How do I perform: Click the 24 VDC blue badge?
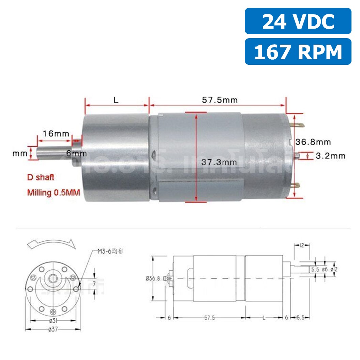(x=298, y=21)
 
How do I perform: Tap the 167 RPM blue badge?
(x=298, y=52)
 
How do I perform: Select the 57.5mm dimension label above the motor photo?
(x=220, y=100)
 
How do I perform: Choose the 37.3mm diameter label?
(x=219, y=162)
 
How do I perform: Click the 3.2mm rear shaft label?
(x=330, y=156)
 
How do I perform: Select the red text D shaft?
(x=41, y=178)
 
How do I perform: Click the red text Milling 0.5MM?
(x=54, y=193)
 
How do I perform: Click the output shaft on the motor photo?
(x=55, y=154)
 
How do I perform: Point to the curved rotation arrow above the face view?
(x=51, y=244)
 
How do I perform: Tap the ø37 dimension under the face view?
(x=53, y=330)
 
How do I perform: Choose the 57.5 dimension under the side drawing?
(x=209, y=318)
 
